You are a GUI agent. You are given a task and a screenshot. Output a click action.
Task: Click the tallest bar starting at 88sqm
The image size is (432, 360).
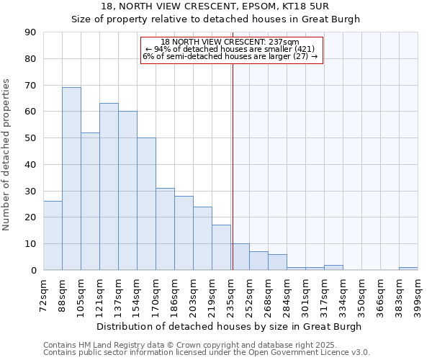[71, 179]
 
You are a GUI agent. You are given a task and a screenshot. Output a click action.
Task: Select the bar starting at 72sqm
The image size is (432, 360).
[53, 235]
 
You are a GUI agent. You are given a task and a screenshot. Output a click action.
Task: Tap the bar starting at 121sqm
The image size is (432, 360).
[109, 186]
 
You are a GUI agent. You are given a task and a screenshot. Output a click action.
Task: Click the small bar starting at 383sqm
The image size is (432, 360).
[408, 269]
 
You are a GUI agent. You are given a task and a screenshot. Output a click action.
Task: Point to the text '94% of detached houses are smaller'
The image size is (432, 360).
[230, 49]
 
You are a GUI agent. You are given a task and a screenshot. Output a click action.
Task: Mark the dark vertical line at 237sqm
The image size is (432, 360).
[233, 166]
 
